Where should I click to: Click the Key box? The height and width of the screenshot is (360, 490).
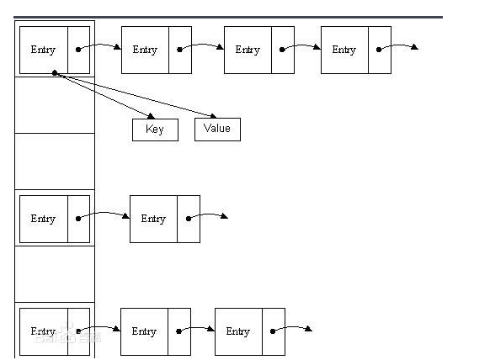155,130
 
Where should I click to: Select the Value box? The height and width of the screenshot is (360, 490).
217,130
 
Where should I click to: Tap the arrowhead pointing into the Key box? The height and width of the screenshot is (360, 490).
152,116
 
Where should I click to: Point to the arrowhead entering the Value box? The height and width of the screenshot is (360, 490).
213,116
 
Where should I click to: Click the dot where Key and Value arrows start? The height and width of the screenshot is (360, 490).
55,73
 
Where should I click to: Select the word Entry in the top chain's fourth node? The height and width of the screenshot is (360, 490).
344,50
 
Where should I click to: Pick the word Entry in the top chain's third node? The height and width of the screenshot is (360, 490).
248,50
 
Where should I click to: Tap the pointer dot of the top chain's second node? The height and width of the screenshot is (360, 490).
179,50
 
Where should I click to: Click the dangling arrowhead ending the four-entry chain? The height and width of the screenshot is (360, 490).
415,47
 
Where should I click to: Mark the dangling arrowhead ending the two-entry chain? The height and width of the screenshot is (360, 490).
225,216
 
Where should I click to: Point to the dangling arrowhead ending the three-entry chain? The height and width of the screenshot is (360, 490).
308,329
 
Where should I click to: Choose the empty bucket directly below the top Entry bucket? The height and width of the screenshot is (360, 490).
55,105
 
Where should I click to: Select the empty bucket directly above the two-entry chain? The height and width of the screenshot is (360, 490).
55,161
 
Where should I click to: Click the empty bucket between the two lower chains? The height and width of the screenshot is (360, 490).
55,274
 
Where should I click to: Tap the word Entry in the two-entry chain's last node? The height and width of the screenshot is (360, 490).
153,219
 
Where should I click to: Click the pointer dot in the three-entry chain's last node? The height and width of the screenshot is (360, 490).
273,331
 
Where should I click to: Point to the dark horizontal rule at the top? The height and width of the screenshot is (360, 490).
228,17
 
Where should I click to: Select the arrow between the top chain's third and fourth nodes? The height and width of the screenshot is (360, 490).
301,46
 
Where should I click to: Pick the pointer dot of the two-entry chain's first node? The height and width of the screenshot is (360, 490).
78,219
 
